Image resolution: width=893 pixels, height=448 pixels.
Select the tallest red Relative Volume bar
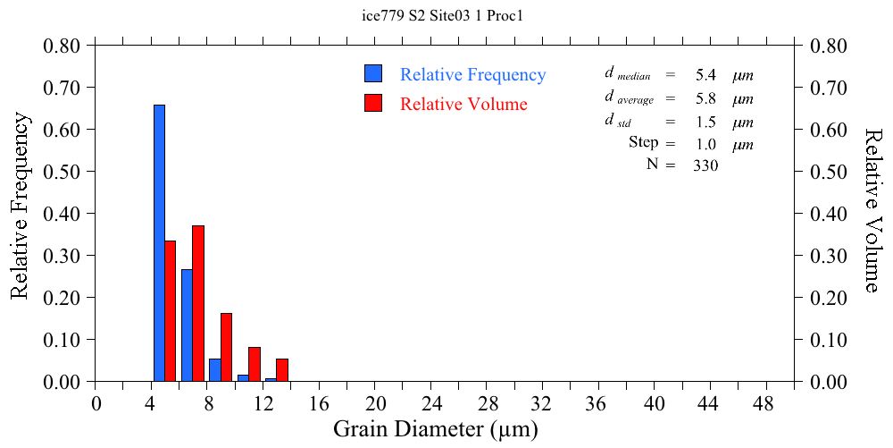[x=198, y=303]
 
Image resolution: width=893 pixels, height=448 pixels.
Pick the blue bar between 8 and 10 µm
[x=215, y=370]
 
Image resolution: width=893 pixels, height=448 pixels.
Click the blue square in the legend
[x=373, y=74]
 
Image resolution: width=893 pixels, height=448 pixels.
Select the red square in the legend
[x=373, y=103]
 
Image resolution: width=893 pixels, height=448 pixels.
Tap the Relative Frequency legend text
[x=472, y=75]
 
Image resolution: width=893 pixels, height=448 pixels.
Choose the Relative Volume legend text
[x=463, y=104]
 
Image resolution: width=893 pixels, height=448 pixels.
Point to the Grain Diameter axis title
[x=436, y=429]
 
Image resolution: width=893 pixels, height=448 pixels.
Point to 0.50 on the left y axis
[x=63, y=172]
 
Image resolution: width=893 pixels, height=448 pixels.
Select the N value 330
[x=705, y=165]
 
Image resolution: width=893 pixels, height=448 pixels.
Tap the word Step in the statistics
[x=643, y=143]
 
